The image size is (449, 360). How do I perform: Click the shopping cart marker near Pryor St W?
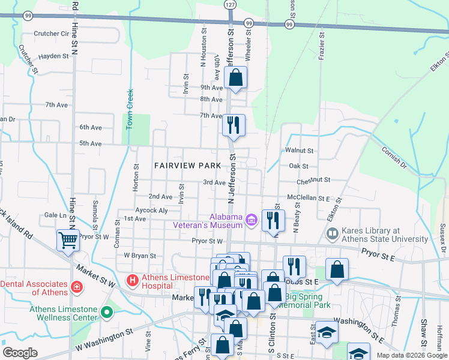68,240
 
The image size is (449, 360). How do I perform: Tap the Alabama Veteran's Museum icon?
252,221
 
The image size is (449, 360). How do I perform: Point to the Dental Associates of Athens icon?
76,287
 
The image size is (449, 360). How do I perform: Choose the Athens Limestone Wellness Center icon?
107,312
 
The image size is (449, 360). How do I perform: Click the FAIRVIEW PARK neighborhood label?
187,165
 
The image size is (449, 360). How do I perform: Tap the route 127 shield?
230,4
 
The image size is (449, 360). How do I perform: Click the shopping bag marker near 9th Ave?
236,77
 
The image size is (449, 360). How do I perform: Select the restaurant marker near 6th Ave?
232,125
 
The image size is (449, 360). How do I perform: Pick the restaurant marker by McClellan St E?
273,220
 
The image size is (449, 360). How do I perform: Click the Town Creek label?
129,109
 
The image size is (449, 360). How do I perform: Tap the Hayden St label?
54,56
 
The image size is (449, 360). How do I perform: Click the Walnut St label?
300,151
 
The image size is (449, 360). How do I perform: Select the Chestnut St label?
313,180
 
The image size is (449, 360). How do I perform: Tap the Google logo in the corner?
20,353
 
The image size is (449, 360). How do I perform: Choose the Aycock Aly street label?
151,211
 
